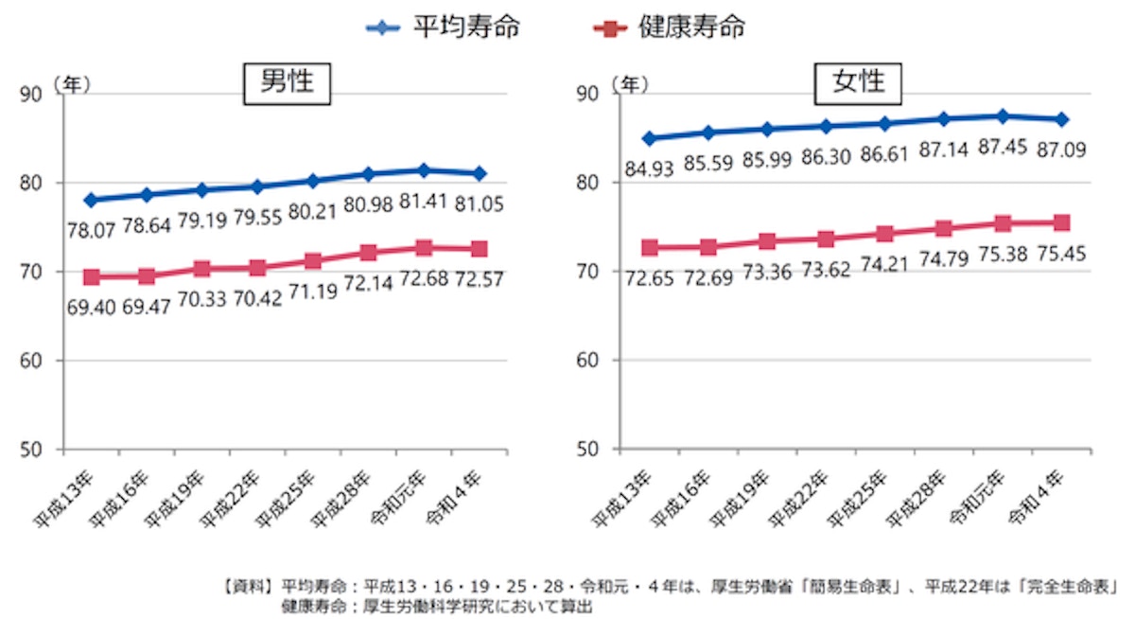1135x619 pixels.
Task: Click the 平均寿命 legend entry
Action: tap(444, 27)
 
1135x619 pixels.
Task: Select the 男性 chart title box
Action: tap(287, 83)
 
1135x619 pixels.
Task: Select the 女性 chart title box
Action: tap(859, 83)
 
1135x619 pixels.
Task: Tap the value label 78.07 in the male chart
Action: tap(91, 228)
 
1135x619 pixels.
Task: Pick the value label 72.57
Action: tap(479, 279)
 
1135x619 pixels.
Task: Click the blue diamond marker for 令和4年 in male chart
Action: tap(480, 173)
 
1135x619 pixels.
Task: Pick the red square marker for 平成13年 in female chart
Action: tap(649, 248)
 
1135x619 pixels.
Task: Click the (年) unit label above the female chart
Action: tap(629, 85)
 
